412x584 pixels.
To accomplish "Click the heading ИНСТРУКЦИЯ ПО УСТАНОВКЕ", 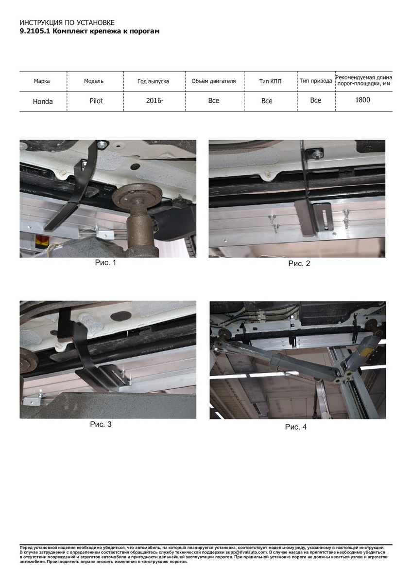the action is point(67,23).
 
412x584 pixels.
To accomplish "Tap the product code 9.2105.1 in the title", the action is point(35,31).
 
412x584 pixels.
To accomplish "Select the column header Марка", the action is point(42,81).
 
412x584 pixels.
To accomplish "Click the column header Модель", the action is point(94,81).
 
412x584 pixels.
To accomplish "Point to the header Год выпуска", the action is point(153,81).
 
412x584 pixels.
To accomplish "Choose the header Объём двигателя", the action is point(214,81).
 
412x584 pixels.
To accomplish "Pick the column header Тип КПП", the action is point(270,81).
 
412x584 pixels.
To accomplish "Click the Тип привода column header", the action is point(316,81).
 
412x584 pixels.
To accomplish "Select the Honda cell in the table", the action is point(43,101).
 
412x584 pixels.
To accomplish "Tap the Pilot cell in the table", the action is point(96,101).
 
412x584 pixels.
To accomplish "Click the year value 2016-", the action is point(154,100).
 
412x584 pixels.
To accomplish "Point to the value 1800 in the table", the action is point(362,100).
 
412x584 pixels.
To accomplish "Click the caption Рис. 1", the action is point(105,262).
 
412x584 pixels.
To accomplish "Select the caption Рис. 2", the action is point(299,264).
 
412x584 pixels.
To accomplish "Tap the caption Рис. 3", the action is point(101,424).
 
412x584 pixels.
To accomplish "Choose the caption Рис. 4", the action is point(296,427).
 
